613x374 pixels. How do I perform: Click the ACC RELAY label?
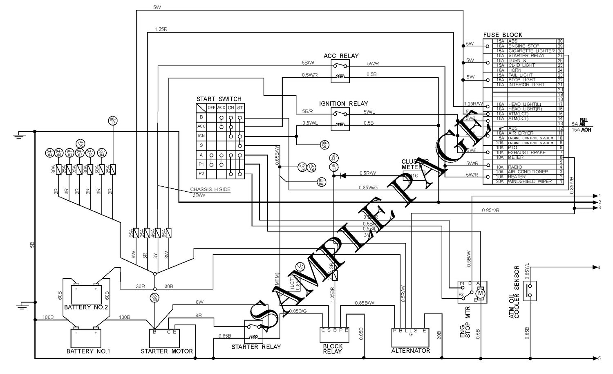(x=341, y=56)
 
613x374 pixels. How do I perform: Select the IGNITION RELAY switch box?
(x=340, y=119)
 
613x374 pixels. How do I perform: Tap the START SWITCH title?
(x=219, y=99)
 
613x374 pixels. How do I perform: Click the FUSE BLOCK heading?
(x=502, y=35)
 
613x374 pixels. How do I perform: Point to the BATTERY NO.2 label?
(x=86, y=307)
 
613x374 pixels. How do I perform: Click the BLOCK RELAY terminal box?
(x=335, y=335)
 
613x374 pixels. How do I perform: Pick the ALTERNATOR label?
(x=410, y=351)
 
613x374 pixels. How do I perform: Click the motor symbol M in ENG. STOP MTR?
(x=481, y=293)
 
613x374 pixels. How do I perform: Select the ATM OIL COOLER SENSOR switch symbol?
(x=530, y=291)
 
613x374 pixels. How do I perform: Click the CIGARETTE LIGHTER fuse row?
(x=531, y=51)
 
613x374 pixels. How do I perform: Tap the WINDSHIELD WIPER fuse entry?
(x=530, y=181)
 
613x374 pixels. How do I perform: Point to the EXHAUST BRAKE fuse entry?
(x=527, y=152)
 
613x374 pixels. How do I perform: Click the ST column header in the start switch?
(x=240, y=107)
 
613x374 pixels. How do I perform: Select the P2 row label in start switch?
(x=201, y=173)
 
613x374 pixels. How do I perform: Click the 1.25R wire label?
(x=161, y=29)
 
